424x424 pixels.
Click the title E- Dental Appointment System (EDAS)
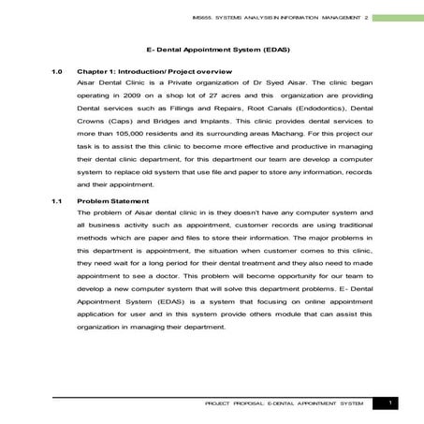(212, 45)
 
